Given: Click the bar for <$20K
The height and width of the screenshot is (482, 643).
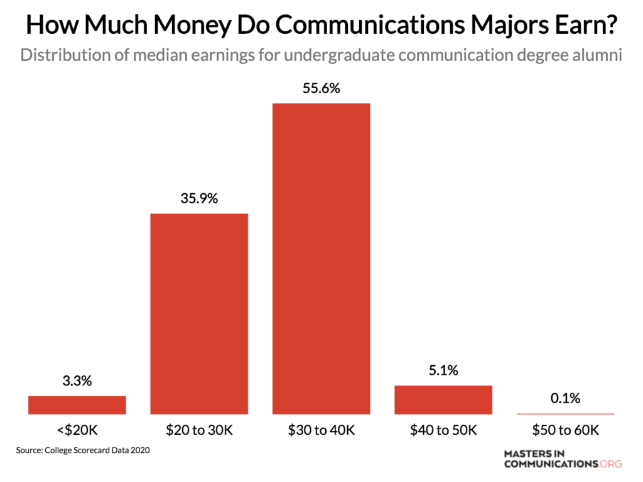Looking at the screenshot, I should tap(77, 405).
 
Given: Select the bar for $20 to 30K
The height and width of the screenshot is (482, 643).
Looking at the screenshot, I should tap(199, 314).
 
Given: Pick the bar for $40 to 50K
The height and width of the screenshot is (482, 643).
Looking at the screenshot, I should tap(443, 400).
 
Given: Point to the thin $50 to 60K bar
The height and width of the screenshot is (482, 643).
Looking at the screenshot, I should tap(565, 414).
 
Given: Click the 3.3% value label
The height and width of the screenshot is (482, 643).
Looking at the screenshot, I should tap(77, 380).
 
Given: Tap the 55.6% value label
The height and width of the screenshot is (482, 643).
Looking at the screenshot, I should tap(321, 88).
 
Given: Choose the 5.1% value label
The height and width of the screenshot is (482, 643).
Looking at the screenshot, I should tap(443, 370).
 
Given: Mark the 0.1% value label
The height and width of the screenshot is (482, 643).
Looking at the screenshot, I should tap(565, 398).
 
